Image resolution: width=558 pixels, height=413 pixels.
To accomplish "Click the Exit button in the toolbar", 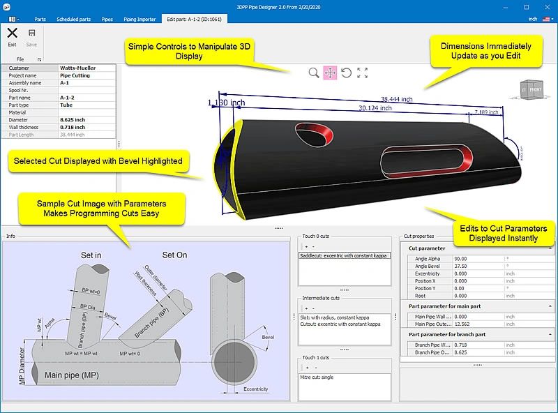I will point(12,37).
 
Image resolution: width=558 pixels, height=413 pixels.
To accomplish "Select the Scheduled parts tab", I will point(73,19).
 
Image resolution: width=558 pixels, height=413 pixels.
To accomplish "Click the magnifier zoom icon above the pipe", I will point(314,73).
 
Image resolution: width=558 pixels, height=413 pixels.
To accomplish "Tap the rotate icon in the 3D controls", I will point(346,73).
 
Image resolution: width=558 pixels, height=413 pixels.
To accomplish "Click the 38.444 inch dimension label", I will point(398,99).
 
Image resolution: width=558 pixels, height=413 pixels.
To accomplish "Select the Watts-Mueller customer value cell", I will point(89,68).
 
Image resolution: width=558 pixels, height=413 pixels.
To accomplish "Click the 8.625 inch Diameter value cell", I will point(89,120).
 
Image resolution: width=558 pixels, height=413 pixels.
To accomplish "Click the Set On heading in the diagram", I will point(174,255).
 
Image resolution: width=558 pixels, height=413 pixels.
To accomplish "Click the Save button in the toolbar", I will point(32,37).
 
